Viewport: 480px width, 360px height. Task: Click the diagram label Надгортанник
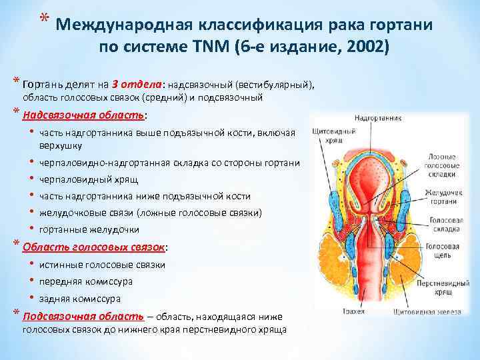point(378,119)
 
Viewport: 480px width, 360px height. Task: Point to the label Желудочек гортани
point(445,198)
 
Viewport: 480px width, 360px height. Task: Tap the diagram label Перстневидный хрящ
point(443,287)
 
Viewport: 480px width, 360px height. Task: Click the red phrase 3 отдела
point(143,85)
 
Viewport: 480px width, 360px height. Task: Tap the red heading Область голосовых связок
point(93,247)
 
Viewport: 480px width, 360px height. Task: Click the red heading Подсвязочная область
point(83,316)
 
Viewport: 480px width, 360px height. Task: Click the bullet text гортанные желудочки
point(89,229)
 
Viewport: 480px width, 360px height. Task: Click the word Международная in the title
point(121,25)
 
